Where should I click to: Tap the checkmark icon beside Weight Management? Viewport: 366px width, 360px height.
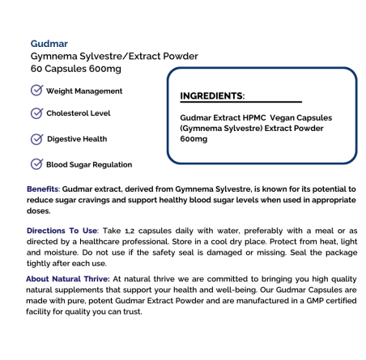[x=36, y=91]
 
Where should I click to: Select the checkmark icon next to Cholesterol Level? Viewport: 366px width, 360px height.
[x=36, y=113]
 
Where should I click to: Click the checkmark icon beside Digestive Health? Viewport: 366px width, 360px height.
[x=36, y=138]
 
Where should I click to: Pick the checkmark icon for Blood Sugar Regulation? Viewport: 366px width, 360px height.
[x=36, y=164]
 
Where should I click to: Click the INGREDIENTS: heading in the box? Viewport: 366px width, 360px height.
[x=212, y=95]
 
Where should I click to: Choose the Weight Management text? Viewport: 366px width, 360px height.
[x=85, y=91]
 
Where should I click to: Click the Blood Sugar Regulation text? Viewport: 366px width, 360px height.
[x=89, y=165]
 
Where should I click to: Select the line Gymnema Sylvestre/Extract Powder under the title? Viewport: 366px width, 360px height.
[x=114, y=56]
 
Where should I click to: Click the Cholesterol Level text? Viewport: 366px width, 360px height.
[x=79, y=113]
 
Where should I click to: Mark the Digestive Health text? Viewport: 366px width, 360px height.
[x=77, y=139]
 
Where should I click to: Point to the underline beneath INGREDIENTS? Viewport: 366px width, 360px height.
[x=240, y=103]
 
